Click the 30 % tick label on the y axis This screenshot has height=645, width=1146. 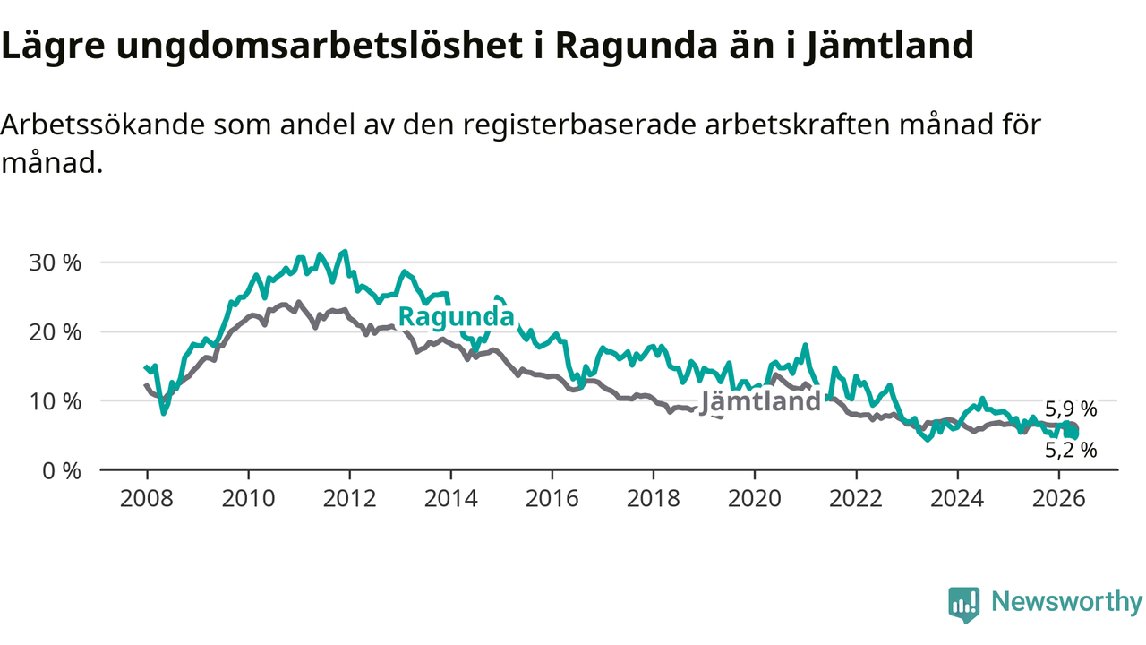[x=55, y=263]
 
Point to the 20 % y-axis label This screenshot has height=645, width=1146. [x=55, y=332]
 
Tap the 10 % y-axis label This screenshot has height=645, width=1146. [x=55, y=402]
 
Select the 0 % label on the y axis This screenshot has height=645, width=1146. [x=62, y=471]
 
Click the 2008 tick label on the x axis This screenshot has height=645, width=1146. [x=147, y=498]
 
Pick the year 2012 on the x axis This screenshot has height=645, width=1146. [x=349, y=498]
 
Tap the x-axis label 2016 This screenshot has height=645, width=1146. [x=552, y=498]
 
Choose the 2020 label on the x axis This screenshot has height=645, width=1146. [x=755, y=498]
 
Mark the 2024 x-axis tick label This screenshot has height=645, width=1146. [x=957, y=498]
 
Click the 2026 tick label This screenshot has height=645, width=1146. [x=1058, y=498]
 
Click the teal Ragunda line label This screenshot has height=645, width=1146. [x=456, y=317]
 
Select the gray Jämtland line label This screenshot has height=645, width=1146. [x=760, y=400]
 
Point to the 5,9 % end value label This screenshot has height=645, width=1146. [x=1071, y=409]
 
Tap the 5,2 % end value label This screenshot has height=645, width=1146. [x=1071, y=450]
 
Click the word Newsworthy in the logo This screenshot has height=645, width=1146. [x=1067, y=601]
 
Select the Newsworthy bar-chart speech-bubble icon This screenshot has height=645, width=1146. [x=964, y=605]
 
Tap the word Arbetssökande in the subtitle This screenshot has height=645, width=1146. [x=103, y=125]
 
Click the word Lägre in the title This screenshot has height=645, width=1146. [x=53, y=46]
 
